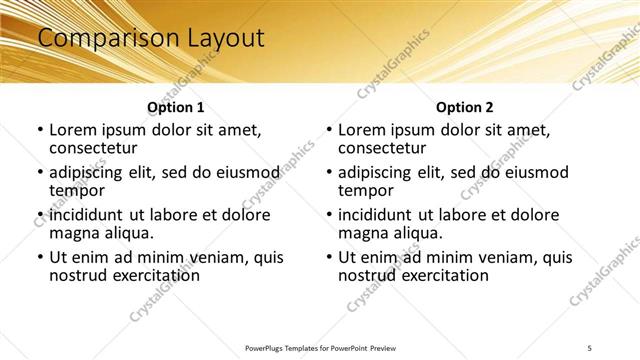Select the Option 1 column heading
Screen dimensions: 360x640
(x=176, y=107)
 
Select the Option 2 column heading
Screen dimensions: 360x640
(x=465, y=107)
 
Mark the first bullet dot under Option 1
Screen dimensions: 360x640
(x=40, y=130)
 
